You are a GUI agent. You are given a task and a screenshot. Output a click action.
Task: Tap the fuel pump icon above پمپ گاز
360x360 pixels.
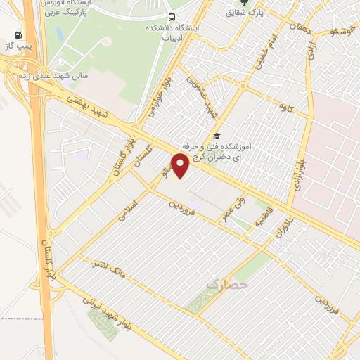click(x=18, y=35)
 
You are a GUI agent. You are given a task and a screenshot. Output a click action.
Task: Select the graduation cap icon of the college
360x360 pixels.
click(x=217, y=135)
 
